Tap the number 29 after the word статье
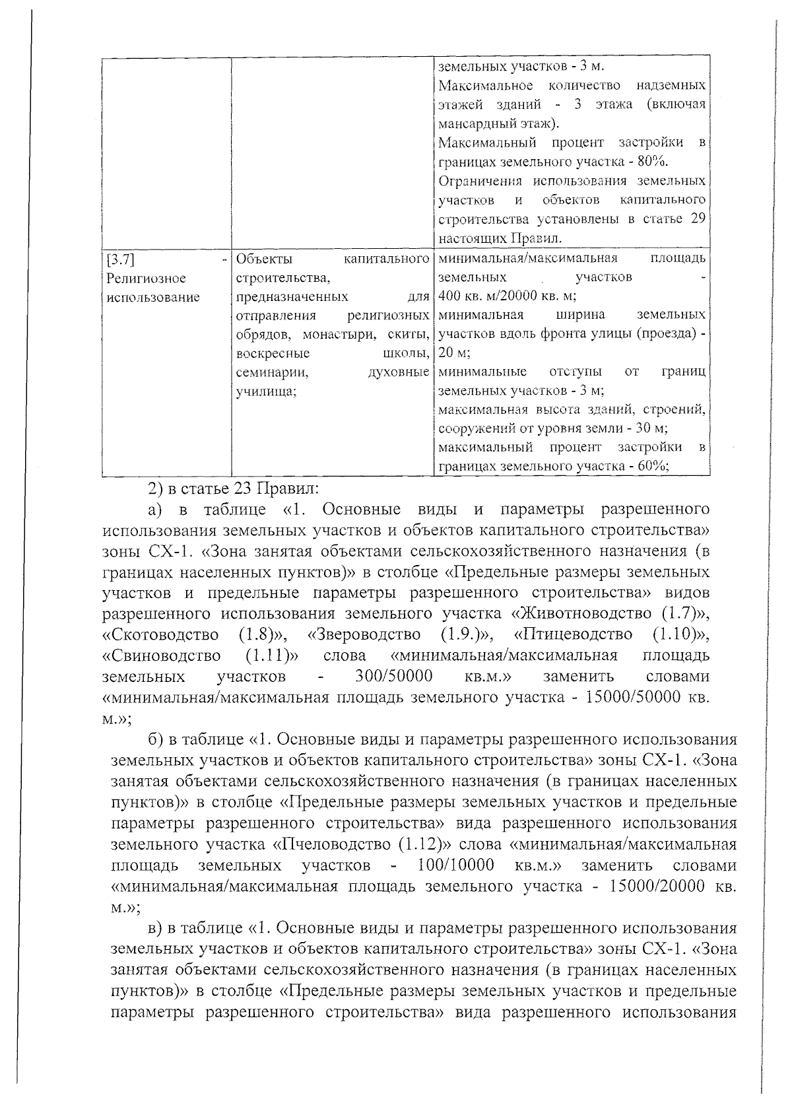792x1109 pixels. click(697, 219)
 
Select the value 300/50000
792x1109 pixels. click(394, 677)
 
